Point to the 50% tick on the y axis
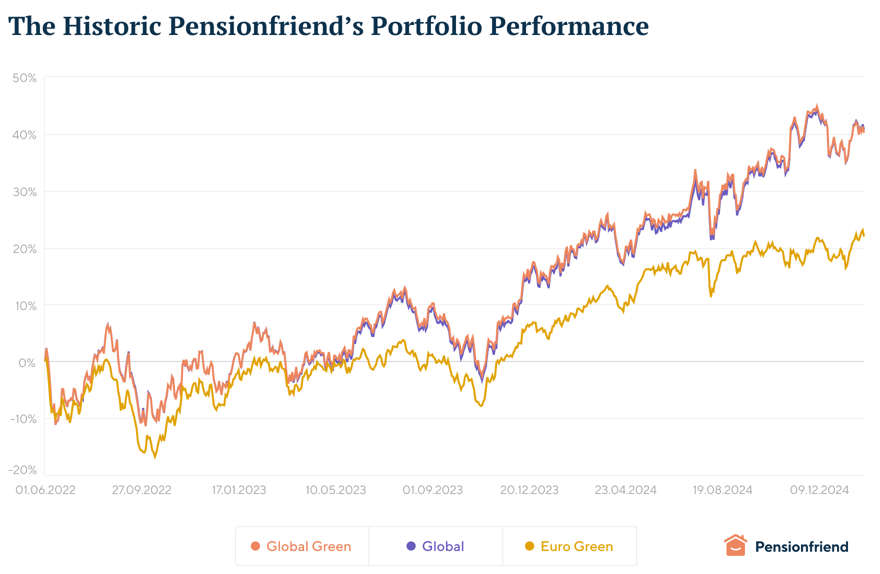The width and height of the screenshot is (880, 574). [25, 78]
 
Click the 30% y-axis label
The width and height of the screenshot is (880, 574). [25, 192]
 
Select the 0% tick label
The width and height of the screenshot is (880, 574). [27, 362]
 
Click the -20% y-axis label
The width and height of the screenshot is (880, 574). [23, 470]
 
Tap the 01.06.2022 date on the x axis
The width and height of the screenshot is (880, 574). [45, 490]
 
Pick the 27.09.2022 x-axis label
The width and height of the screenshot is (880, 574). [141, 490]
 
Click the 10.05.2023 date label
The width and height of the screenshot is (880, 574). [335, 490]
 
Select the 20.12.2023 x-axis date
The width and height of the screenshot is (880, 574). [529, 490]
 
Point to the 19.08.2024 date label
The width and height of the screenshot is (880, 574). [722, 490]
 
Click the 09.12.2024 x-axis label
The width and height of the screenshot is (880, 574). [819, 490]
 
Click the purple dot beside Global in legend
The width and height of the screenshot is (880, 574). [411, 546]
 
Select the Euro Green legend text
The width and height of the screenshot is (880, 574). [576, 546]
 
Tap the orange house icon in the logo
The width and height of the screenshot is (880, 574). [735, 545]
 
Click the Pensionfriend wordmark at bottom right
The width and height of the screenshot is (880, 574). [801, 546]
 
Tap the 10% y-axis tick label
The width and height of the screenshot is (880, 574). [25, 306]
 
